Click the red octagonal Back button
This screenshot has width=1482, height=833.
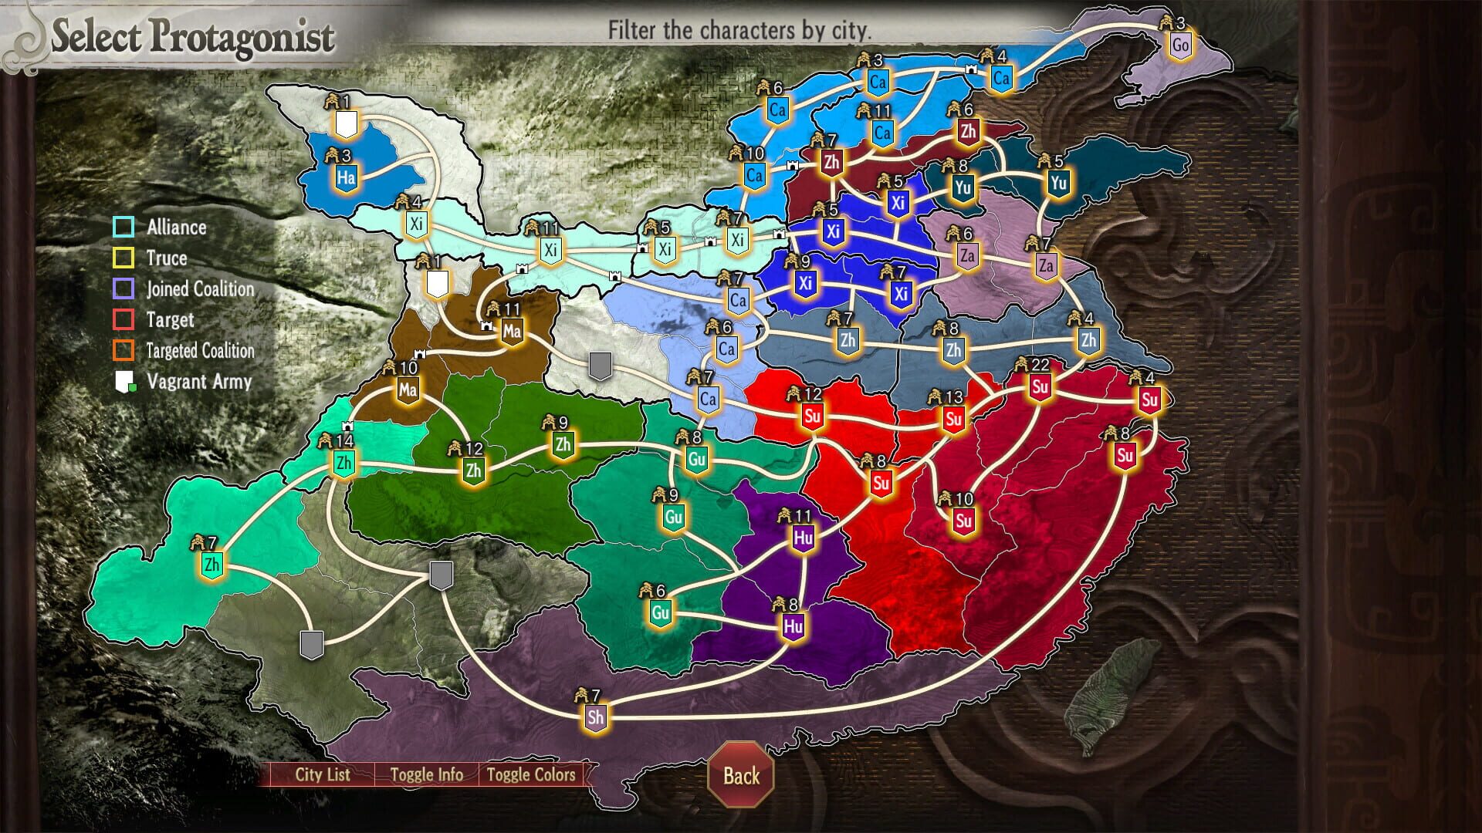click(741, 775)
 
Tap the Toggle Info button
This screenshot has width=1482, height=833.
click(426, 774)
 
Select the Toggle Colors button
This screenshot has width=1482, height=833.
click(531, 774)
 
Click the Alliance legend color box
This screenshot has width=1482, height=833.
click(124, 227)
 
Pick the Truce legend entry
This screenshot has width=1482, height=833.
click(167, 258)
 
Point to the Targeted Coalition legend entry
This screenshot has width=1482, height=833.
click(200, 351)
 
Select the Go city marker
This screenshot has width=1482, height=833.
click(1179, 45)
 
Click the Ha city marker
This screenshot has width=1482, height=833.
click(346, 177)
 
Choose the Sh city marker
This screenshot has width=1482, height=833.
click(595, 717)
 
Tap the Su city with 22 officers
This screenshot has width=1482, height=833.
click(1040, 386)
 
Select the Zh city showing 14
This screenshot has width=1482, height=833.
click(343, 463)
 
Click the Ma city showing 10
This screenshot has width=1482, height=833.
click(408, 390)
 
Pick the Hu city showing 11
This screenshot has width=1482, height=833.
click(803, 537)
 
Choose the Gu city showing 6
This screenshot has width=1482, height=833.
click(660, 613)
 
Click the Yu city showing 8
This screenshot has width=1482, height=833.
click(962, 187)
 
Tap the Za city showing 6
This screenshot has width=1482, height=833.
click(967, 255)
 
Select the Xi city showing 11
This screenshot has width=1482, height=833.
click(550, 250)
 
